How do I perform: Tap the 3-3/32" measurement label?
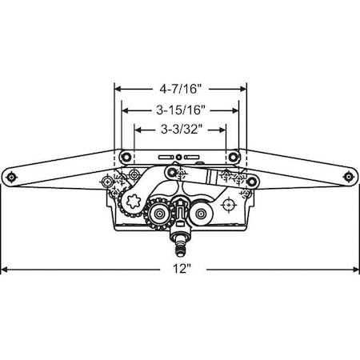[181, 128]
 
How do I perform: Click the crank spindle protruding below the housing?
[181, 240]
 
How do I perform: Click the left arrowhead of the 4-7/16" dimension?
[117, 90]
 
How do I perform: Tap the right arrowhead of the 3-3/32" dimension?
[224, 128]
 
